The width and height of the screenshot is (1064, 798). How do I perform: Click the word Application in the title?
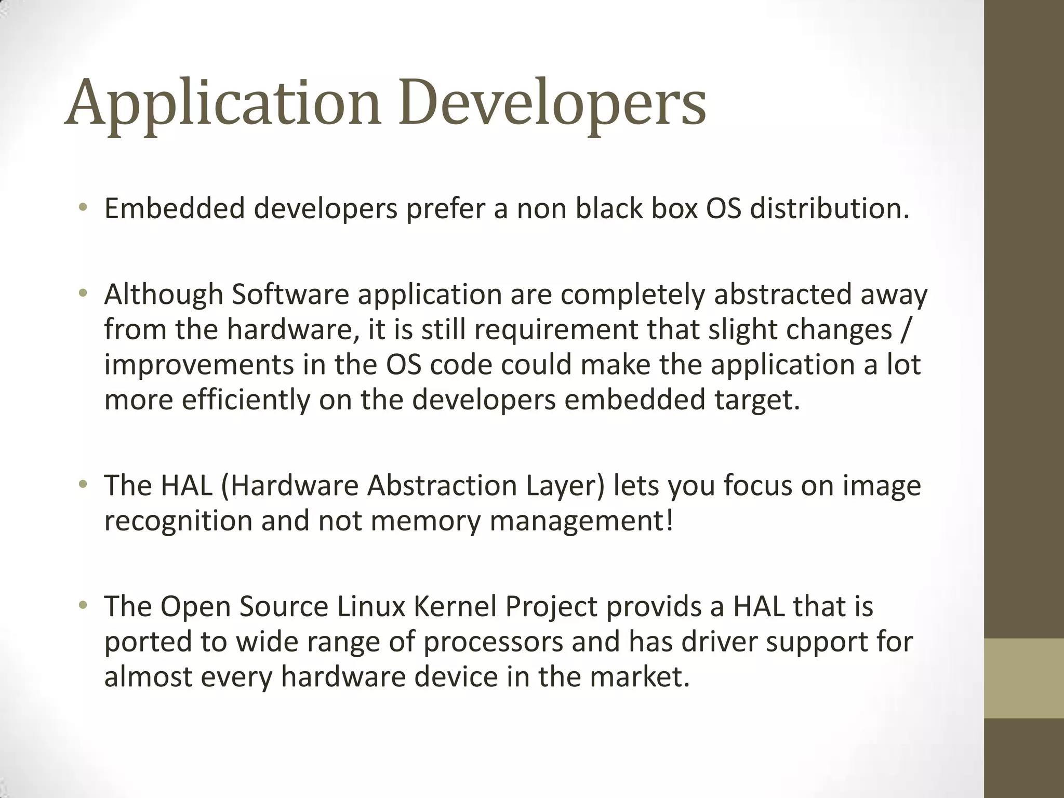223,104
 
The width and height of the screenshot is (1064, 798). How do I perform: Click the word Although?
164,295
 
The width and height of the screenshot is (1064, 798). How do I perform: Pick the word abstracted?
782,295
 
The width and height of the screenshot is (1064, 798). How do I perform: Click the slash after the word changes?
905,330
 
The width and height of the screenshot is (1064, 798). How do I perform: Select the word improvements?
199,365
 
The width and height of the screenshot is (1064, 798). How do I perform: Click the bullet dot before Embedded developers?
83,208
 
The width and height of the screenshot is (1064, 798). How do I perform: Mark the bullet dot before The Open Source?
83,606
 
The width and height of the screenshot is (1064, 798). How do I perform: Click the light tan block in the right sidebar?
1024,678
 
